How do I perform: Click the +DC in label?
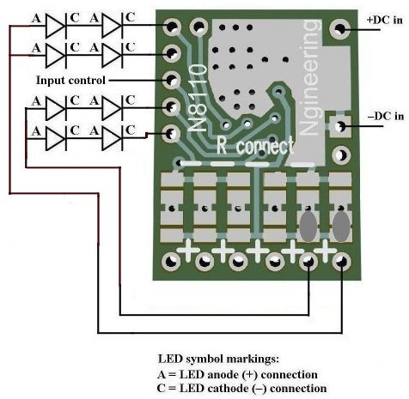pos(384,20)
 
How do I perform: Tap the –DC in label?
pos(386,116)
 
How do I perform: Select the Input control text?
pos(70,81)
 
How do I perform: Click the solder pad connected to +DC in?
pos(340,28)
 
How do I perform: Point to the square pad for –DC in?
pos(340,126)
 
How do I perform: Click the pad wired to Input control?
pos(171,81)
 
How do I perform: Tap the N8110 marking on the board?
pos(198,98)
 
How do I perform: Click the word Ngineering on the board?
pos(310,77)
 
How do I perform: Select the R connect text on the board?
pos(255,146)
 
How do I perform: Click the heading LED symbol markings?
pos(218,359)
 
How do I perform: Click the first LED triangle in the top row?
pos(56,26)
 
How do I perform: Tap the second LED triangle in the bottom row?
pos(112,138)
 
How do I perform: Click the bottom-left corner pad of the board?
pos(171,262)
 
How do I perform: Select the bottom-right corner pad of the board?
pos(341,262)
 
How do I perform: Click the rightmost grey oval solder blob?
pos(341,227)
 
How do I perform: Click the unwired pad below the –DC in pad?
pos(341,155)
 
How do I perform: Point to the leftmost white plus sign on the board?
pos(188,251)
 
